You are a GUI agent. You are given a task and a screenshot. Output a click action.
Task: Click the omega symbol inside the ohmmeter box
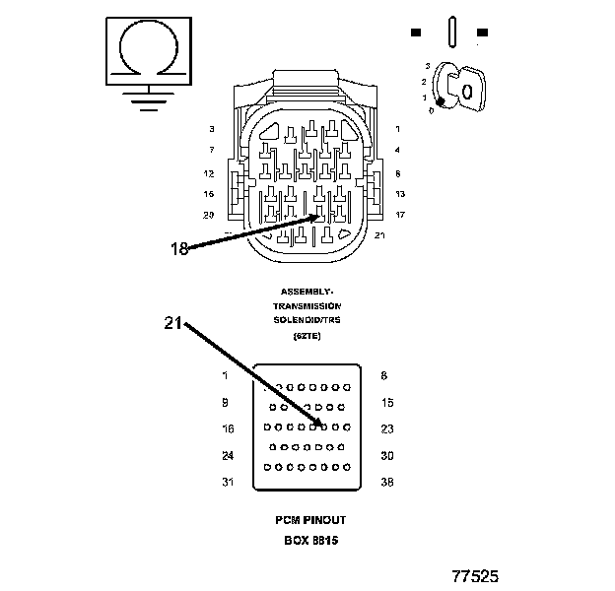click(149, 48)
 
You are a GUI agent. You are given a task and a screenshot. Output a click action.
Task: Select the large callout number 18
click(178, 249)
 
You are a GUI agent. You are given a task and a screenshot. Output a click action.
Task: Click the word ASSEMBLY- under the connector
click(307, 292)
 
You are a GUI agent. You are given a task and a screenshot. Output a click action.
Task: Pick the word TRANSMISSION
click(307, 306)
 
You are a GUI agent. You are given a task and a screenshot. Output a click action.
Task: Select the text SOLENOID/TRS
click(307, 321)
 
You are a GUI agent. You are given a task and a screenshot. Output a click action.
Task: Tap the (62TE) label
click(307, 336)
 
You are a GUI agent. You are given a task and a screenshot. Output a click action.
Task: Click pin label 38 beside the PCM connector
click(387, 482)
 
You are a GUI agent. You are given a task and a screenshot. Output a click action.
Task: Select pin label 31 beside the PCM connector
click(227, 482)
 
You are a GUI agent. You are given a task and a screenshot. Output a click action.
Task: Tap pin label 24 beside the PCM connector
click(227, 455)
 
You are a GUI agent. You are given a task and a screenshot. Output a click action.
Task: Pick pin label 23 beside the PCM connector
click(387, 428)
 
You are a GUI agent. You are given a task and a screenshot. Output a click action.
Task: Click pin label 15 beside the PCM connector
click(387, 402)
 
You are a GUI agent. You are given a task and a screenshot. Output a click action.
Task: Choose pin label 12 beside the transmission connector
click(209, 173)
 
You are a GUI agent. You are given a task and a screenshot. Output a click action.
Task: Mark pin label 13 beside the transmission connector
click(400, 194)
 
